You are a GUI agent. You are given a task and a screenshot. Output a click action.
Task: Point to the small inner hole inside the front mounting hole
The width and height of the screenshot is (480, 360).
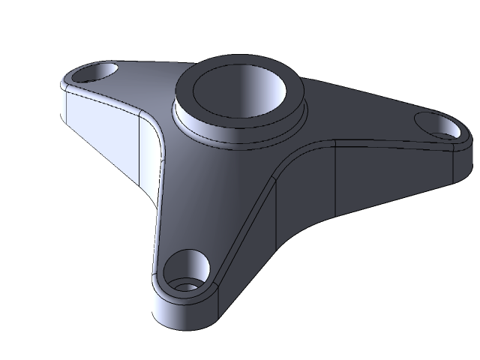[184, 285]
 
